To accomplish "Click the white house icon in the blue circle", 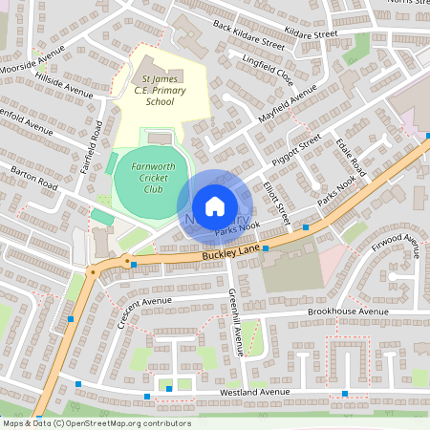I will coord(215,205).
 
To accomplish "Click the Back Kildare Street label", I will coord(248,36).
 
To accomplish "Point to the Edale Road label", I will coord(351,160).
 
